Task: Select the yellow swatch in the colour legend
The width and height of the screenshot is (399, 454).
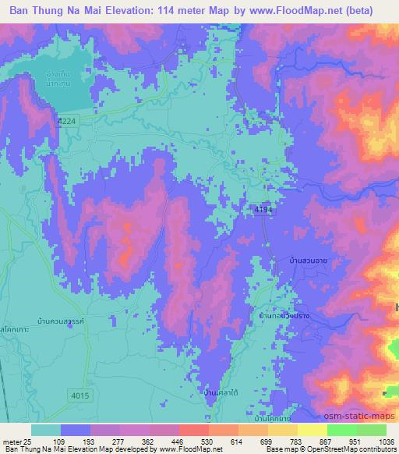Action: click(x=312, y=429)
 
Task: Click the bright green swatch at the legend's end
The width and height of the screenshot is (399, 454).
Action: click(x=371, y=429)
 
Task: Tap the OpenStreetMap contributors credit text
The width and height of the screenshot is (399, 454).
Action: click(x=358, y=449)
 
